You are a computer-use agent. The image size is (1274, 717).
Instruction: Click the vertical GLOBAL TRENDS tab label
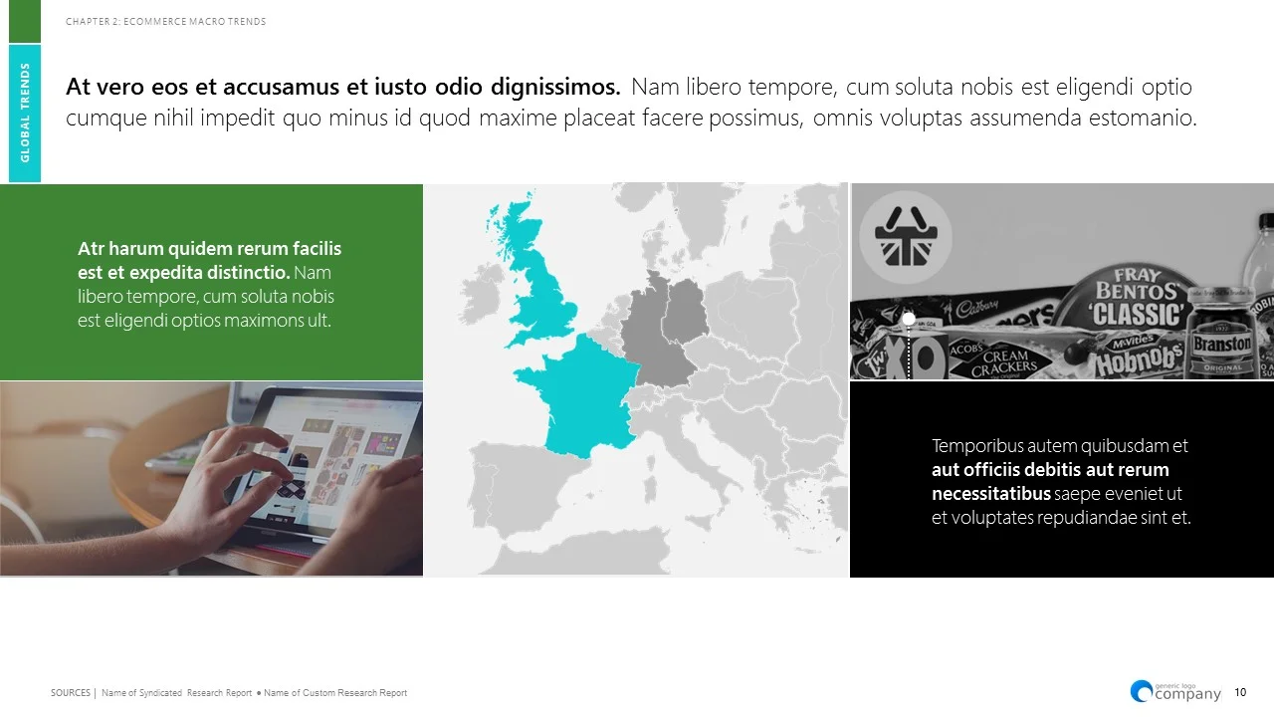(25, 113)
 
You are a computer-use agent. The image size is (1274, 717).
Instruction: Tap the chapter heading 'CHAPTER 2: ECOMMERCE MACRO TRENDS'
(166, 22)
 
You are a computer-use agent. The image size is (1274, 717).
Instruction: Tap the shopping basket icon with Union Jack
(906, 239)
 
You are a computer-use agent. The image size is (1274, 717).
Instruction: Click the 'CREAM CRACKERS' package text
(1003, 363)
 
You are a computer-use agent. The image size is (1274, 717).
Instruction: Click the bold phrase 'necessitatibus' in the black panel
(991, 494)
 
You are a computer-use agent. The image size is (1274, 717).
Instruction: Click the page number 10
(1240, 693)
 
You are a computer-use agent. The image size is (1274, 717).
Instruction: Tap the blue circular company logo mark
(1142, 690)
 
